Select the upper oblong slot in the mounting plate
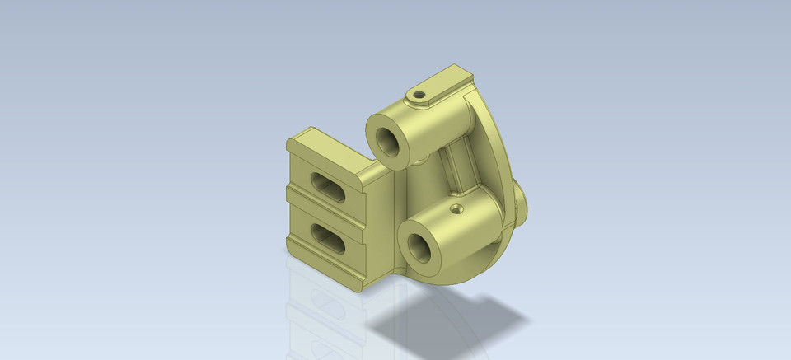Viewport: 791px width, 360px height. click(327, 185)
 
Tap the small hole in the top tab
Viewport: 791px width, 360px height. click(419, 95)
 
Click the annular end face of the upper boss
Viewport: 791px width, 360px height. click(377, 130)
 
